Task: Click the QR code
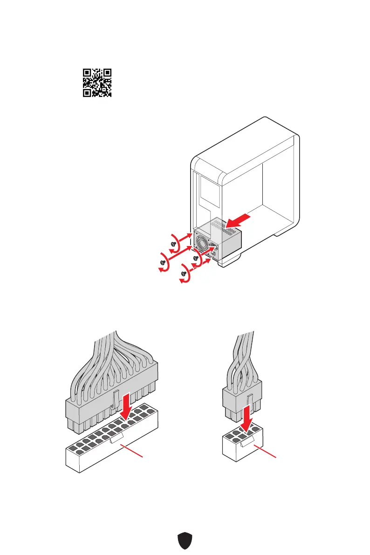click(97, 82)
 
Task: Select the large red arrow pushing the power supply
click(241, 223)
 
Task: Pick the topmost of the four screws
click(174, 242)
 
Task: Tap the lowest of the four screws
click(185, 273)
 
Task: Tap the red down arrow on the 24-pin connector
click(126, 406)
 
